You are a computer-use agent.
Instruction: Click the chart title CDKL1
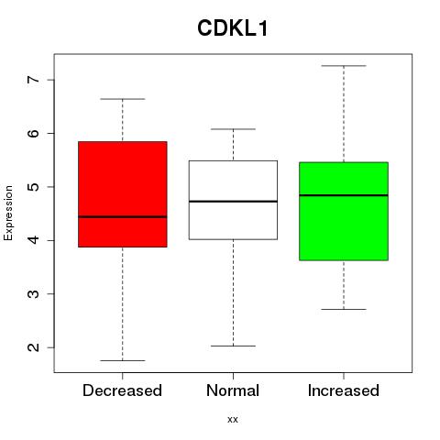(233, 28)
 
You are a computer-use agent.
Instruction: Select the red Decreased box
(123, 194)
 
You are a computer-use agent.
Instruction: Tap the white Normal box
(233, 200)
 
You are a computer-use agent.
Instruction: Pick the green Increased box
(344, 211)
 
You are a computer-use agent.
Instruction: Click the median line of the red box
(123, 217)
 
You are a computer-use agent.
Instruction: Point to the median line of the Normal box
(233, 202)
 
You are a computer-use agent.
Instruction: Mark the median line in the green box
(344, 195)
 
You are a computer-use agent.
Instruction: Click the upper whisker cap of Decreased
(123, 99)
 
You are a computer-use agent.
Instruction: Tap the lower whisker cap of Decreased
(123, 360)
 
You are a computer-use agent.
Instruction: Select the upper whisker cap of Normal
(233, 129)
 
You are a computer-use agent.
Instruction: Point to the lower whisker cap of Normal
(233, 346)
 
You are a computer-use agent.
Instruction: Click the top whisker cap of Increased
(344, 66)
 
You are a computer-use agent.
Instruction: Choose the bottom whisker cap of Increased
(344, 309)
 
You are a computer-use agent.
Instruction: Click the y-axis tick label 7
(34, 80)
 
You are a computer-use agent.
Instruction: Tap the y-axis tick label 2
(34, 347)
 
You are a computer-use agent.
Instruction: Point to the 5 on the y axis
(34, 187)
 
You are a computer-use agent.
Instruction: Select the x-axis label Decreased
(122, 390)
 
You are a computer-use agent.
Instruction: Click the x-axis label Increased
(344, 390)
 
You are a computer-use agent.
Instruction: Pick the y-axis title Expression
(8, 213)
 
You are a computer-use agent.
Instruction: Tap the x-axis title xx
(233, 420)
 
